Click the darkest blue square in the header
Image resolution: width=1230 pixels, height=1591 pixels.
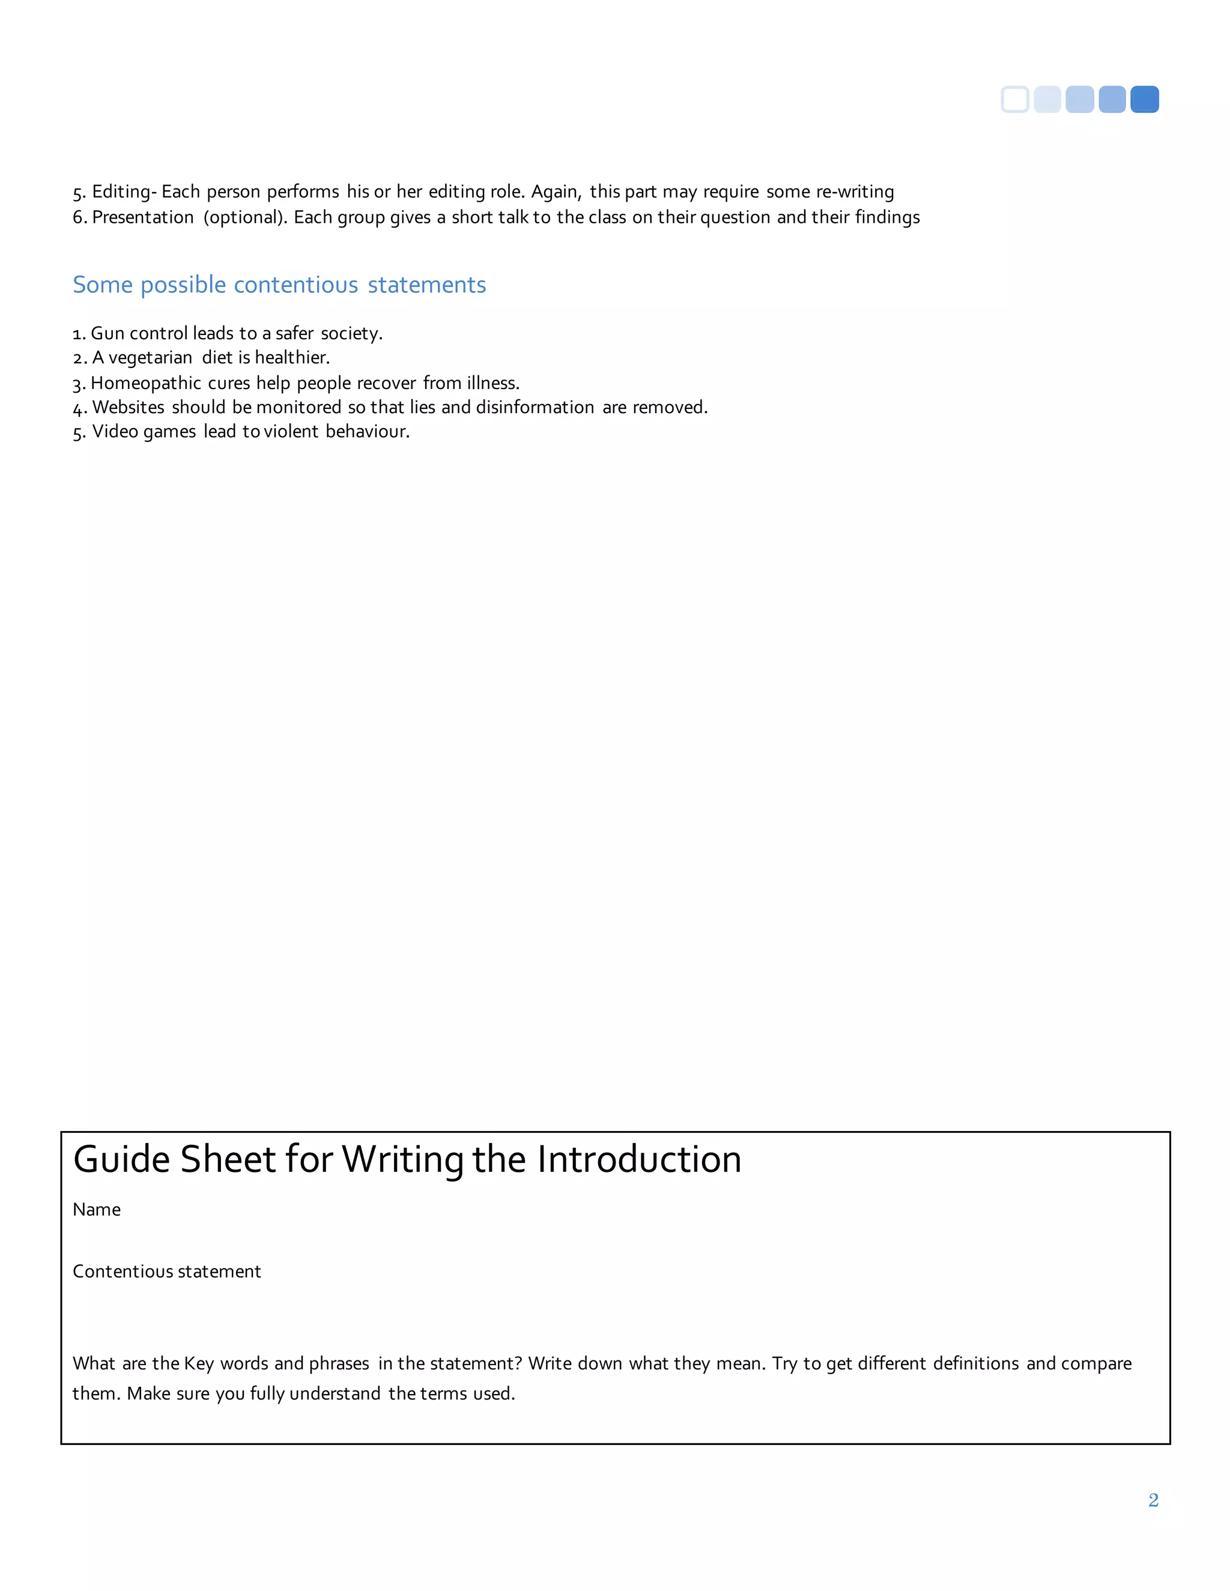(x=1144, y=99)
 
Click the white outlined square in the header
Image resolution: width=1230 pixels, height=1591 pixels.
(x=1015, y=99)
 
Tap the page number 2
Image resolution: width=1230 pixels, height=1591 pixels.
(x=1153, y=1500)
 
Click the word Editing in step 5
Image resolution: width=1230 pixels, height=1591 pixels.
(x=121, y=192)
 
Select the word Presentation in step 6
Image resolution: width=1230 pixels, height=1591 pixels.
(x=143, y=217)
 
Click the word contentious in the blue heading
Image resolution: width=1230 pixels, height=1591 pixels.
(x=296, y=285)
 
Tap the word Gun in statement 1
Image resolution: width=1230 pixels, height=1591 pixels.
(x=108, y=333)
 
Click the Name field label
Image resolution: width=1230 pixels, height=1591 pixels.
(x=97, y=1209)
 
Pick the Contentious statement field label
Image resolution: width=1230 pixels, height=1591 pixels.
(x=167, y=1271)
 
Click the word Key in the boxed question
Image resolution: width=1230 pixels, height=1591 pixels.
(x=198, y=1363)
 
